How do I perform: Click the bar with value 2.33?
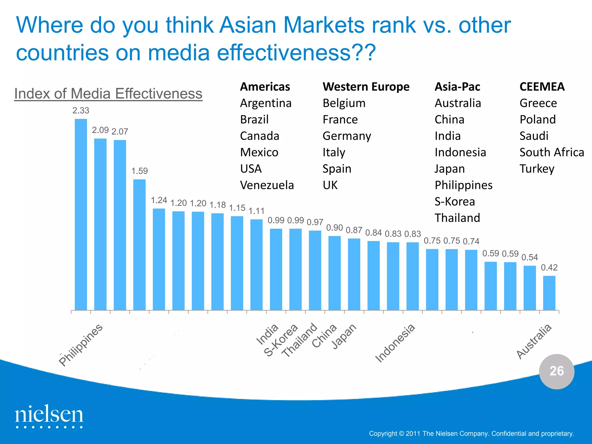[x=81, y=214]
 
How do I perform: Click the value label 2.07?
[x=120, y=132]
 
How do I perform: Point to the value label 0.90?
[x=334, y=228]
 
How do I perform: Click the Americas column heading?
[x=265, y=87]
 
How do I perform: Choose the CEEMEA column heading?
[x=542, y=87]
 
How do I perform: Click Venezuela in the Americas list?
[x=267, y=185]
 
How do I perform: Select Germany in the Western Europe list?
[x=347, y=136]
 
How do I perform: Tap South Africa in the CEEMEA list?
[x=552, y=152]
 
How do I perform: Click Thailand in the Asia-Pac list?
[x=457, y=218]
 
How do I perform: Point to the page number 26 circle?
[x=556, y=371]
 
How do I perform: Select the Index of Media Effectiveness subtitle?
[x=108, y=94]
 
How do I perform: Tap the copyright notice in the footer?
[x=471, y=434]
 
